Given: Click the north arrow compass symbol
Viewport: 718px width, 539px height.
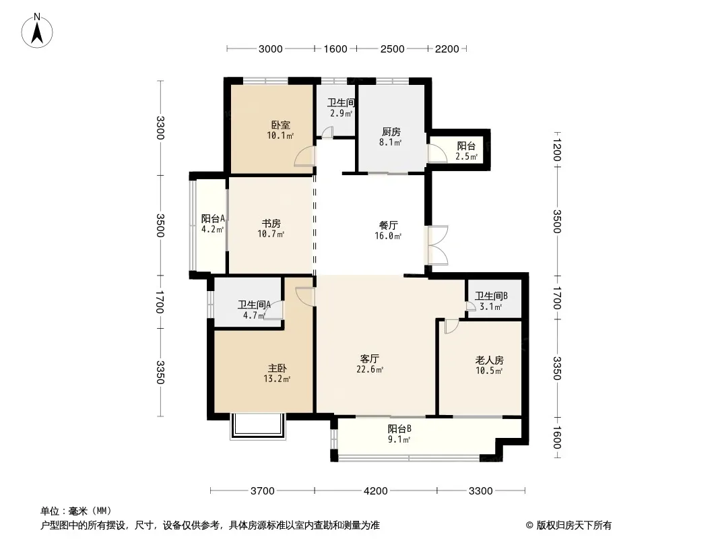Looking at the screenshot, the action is [37, 30].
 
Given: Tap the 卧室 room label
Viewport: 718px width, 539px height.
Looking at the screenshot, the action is [280, 125].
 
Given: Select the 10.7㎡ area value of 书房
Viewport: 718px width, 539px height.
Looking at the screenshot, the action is [271, 234].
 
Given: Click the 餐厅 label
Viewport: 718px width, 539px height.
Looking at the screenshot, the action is [389, 225].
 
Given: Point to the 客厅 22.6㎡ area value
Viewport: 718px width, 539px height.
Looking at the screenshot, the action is [370, 370].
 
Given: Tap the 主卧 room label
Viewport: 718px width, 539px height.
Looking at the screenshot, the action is [277, 368].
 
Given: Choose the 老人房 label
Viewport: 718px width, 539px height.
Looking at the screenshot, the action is [489, 360].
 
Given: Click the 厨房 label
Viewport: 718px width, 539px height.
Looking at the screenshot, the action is [391, 132].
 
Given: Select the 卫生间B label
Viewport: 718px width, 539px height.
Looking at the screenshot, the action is [491, 296].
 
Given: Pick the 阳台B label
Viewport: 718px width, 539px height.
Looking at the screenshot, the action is [399, 429].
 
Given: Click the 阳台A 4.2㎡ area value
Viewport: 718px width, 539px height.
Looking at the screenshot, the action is [212, 229].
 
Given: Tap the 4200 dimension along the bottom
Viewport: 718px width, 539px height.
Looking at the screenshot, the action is [375, 491].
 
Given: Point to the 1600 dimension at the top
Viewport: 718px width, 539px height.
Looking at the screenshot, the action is [335, 49].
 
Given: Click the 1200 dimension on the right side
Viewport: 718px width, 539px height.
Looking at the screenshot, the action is [557, 147].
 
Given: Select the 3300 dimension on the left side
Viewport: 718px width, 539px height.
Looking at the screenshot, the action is [160, 128].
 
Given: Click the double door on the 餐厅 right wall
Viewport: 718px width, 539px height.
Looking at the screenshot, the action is [438, 245].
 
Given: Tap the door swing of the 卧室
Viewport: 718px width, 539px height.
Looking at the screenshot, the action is [305, 156].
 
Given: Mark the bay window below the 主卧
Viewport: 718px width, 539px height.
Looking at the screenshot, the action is [258, 426].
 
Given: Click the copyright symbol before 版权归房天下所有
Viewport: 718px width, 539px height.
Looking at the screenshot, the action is [529, 526].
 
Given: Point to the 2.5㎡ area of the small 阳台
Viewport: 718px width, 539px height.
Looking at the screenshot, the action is [466, 156].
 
